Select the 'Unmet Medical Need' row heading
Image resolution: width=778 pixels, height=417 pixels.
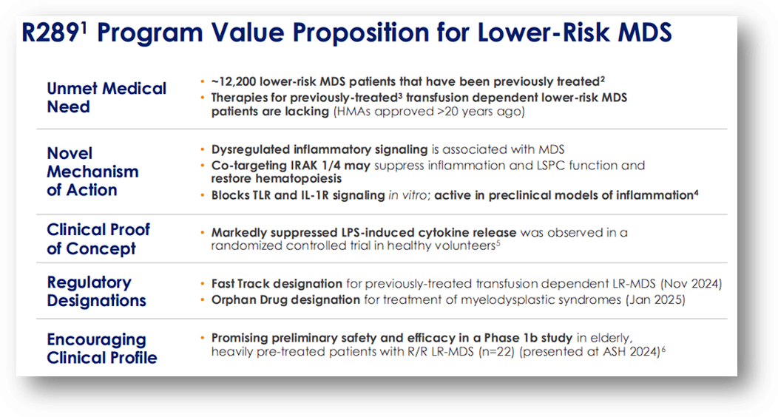(x=106, y=98)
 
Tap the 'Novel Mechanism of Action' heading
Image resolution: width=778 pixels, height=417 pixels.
(x=92, y=172)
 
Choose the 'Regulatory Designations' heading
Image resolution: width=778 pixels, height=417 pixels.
(x=96, y=291)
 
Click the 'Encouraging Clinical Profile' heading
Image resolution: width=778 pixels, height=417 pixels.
(x=102, y=348)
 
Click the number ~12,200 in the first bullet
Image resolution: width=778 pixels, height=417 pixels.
(x=236, y=81)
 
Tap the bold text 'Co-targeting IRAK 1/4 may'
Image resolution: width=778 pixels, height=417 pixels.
(x=291, y=165)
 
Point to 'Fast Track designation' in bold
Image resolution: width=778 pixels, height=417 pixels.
(x=277, y=284)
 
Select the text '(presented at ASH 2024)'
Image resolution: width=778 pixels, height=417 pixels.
(x=589, y=352)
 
